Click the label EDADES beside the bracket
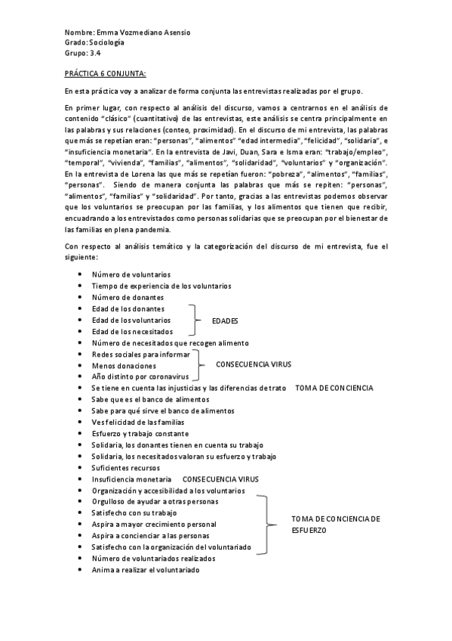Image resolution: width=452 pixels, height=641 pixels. click(x=226, y=320)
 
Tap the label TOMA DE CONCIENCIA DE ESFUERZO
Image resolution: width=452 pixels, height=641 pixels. click(x=336, y=525)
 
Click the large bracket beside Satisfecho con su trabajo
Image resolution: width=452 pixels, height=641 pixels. click(x=267, y=523)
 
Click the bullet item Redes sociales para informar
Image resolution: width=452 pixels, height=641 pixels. click(x=139, y=354)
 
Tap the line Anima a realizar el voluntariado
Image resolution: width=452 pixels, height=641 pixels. click(x=145, y=569)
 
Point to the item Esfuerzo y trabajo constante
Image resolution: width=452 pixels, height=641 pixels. click(x=139, y=434)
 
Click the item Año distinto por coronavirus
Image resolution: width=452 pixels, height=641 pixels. click(x=139, y=376)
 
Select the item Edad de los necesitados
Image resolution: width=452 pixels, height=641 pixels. click(x=131, y=331)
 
